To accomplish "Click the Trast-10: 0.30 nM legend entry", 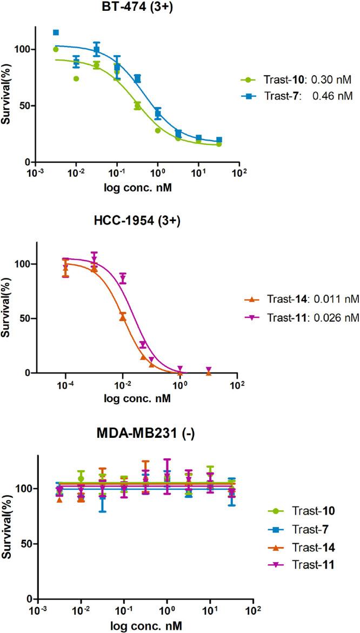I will [297, 80].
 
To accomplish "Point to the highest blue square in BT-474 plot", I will [56, 32].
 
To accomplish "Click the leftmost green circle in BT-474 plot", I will [56, 49].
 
